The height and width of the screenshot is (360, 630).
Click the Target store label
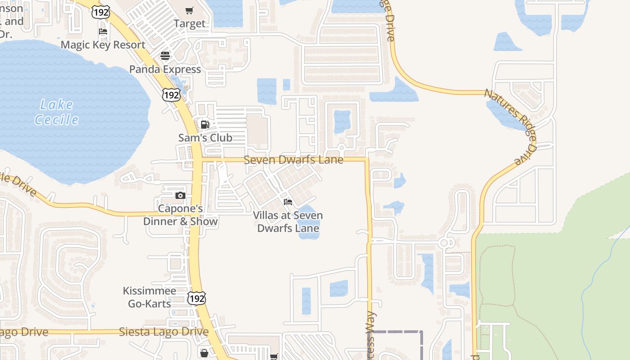(189, 23)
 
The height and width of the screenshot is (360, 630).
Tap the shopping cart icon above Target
(189, 10)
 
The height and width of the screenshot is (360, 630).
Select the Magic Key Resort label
(103, 45)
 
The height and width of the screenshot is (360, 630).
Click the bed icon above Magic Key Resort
(103, 31)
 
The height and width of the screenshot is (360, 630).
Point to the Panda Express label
(165, 69)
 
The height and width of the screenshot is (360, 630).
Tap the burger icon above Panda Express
(165, 56)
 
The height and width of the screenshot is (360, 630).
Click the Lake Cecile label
(57, 112)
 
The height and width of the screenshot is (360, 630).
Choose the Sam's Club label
(205, 138)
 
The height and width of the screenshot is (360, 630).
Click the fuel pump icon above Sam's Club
(205, 125)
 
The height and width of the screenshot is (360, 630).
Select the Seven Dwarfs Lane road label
(293, 160)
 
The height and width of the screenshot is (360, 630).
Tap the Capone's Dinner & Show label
(180, 215)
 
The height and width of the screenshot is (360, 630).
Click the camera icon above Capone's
(180, 195)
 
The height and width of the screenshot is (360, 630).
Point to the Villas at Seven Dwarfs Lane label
(288, 221)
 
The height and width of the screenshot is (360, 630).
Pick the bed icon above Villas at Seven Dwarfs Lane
(288, 202)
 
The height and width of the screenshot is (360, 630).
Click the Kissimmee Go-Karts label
(150, 297)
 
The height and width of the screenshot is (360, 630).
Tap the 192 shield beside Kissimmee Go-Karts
(197, 298)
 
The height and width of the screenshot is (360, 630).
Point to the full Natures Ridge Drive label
(510, 126)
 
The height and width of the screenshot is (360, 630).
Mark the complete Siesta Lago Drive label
(164, 332)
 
